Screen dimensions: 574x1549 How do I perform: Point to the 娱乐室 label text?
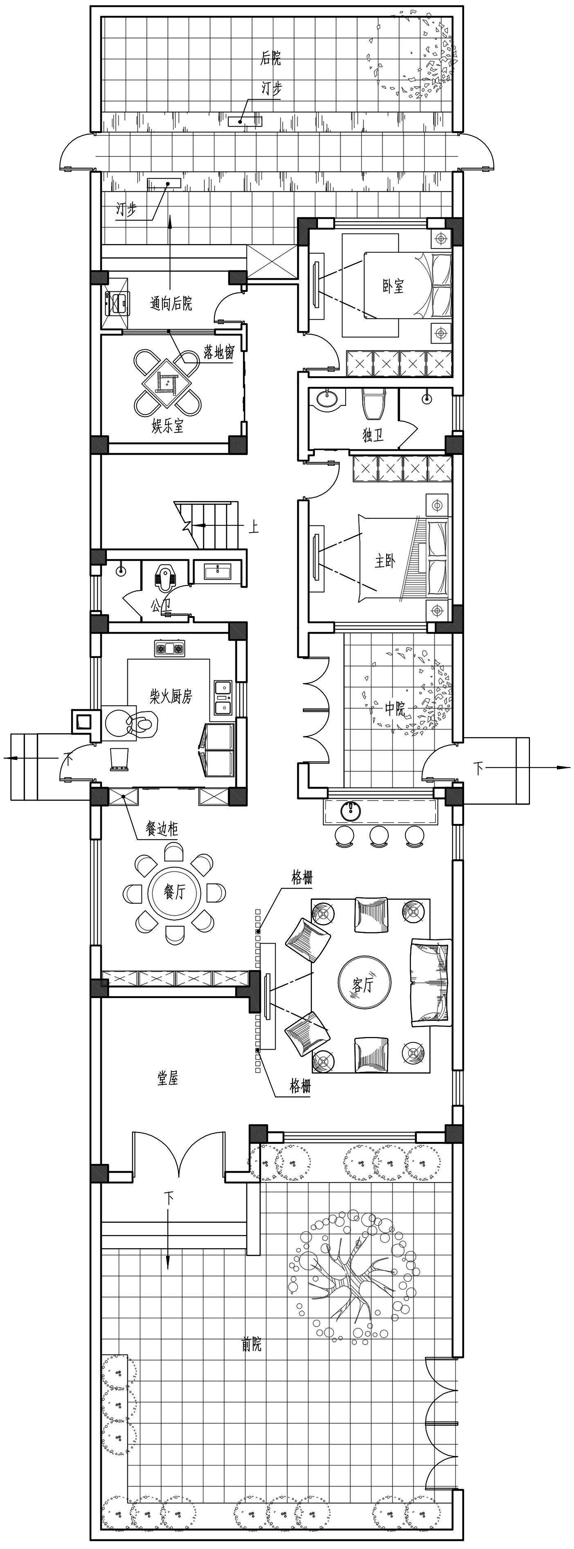(x=168, y=427)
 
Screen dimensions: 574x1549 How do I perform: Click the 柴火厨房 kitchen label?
(x=171, y=697)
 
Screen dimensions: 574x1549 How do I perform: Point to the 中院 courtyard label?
(x=395, y=708)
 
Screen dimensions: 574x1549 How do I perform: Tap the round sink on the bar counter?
(x=351, y=810)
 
